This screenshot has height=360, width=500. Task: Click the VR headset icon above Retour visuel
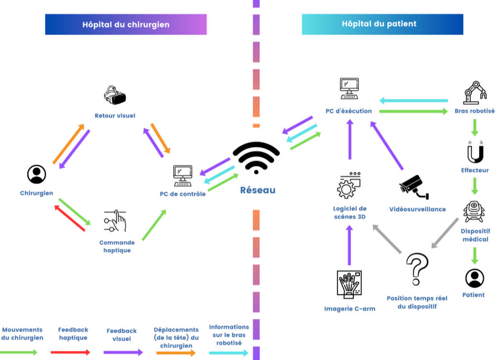115,95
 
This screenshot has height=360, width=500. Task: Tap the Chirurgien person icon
36,174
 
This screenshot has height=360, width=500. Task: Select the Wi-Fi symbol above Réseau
256,158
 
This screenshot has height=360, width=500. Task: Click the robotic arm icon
475,93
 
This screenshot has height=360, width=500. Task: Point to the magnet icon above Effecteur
475,152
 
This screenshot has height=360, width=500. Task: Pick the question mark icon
416,269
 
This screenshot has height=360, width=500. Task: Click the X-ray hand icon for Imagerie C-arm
349,284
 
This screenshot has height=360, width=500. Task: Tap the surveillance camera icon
414,186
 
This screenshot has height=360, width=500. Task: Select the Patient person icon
474,278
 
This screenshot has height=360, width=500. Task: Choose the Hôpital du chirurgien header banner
126,24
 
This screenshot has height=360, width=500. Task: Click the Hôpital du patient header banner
382,24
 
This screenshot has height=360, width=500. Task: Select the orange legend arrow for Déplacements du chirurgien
176,353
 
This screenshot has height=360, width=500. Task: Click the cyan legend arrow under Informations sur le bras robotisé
229,353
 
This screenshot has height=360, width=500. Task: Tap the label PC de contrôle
183,194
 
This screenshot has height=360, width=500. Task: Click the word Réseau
257,190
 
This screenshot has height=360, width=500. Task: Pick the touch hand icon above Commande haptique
116,221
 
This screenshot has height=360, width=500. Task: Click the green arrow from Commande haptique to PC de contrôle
154,225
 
